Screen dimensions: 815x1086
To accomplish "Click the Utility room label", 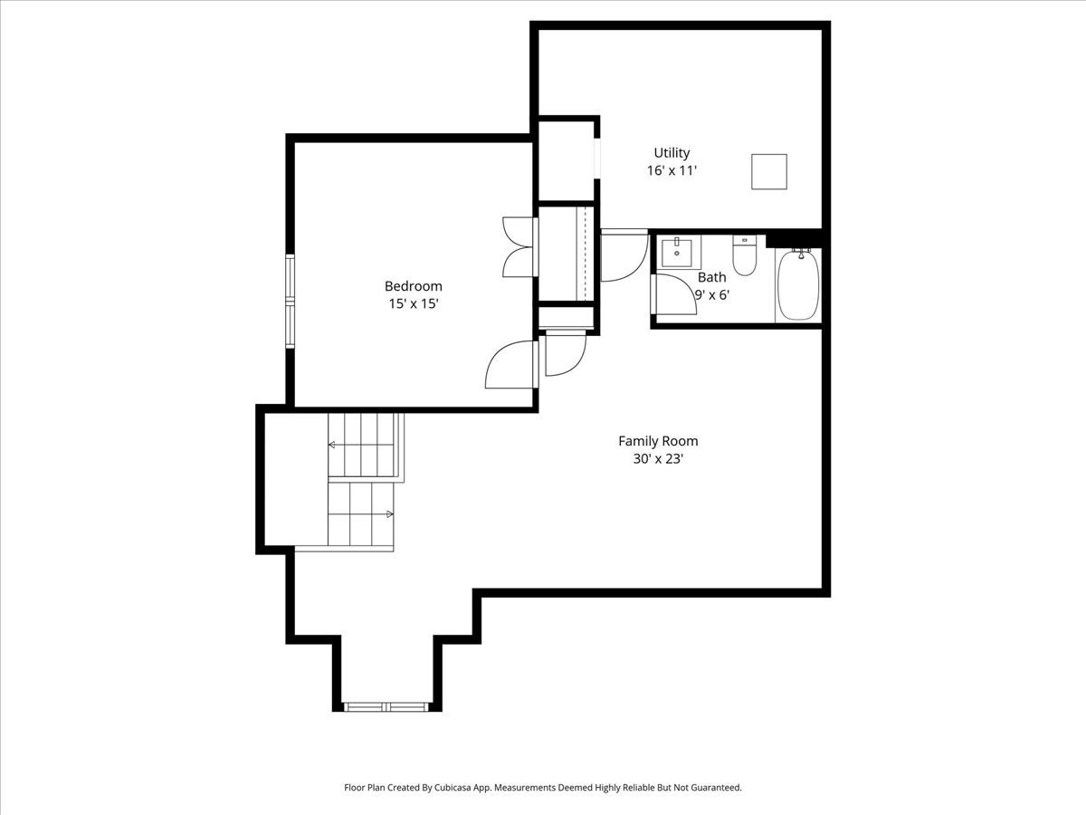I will coord(672,153).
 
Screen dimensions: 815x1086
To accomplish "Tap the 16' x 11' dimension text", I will coord(672,170).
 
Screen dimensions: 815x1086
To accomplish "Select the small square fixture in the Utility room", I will coord(768,172).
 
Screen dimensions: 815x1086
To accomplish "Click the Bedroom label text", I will coord(414,286).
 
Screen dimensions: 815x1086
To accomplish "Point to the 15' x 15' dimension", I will coord(414,304).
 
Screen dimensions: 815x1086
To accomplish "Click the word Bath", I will coord(711,277).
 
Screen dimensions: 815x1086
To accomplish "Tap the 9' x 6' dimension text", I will coord(712,294).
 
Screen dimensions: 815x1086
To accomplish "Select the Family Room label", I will coord(658,441).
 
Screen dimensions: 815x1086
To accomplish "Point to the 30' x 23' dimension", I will coord(658,459).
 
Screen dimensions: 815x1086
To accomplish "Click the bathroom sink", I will coord(677,252).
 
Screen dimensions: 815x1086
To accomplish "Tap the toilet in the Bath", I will coord(744,257).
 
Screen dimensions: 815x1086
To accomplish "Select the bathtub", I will coord(798,284).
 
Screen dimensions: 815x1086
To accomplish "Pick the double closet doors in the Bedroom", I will coord(520,246).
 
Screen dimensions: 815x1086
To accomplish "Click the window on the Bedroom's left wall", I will coord(291,302).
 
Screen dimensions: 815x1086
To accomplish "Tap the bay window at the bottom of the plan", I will coord(386,706).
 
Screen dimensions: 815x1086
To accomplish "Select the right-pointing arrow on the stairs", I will coord(389,514).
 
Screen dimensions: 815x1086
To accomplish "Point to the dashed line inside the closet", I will coord(586,254).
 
